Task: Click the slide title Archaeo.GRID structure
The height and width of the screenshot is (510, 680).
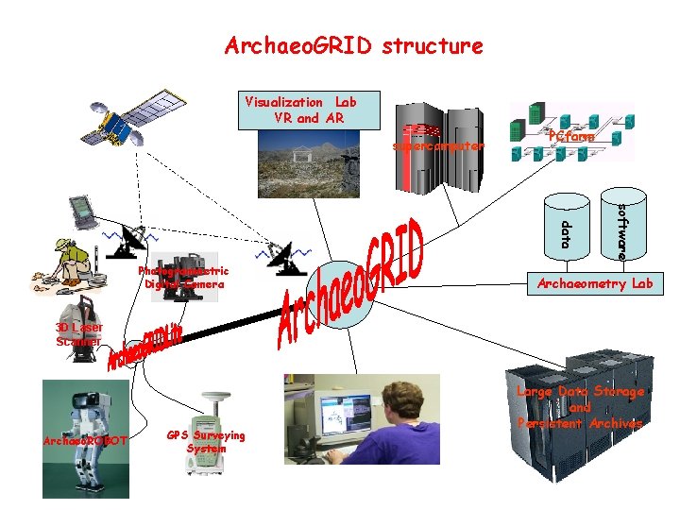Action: (353, 45)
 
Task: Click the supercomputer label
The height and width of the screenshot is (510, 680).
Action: (437, 146)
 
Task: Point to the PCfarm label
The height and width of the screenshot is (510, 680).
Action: (571, 137)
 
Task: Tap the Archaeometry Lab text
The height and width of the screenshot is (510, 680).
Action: (595, 282)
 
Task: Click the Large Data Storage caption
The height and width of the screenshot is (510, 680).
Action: (580, 407)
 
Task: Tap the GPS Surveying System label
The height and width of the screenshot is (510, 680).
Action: (205, 442)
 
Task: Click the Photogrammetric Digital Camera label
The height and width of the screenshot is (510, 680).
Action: (183, 278)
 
